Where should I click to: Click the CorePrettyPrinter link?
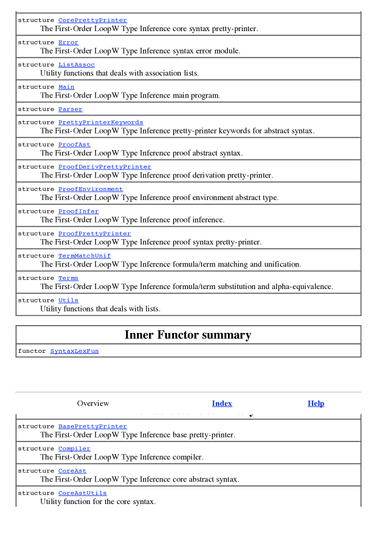point(92,20)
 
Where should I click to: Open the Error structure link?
point(68,42)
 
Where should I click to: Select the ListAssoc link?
point(76,65)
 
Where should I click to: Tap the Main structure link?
point(66,87)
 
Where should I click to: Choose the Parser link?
point(70,109)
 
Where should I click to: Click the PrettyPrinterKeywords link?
point(100,122)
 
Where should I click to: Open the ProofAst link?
point(74,145)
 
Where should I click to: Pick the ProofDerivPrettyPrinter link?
point(105,167)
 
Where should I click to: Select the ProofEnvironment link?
point(90,189)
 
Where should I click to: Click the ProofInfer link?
point(78,211)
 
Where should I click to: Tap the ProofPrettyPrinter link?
point(94,234)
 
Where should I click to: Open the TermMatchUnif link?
point(84,256)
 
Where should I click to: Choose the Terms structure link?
point(68,278)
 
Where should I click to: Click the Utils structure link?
point(68,300)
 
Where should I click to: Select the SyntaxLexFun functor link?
point(74,351)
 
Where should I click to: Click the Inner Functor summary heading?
point(188,335)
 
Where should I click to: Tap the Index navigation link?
point(222,403)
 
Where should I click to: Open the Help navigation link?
point(316,403)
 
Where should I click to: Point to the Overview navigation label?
point(93,403)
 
